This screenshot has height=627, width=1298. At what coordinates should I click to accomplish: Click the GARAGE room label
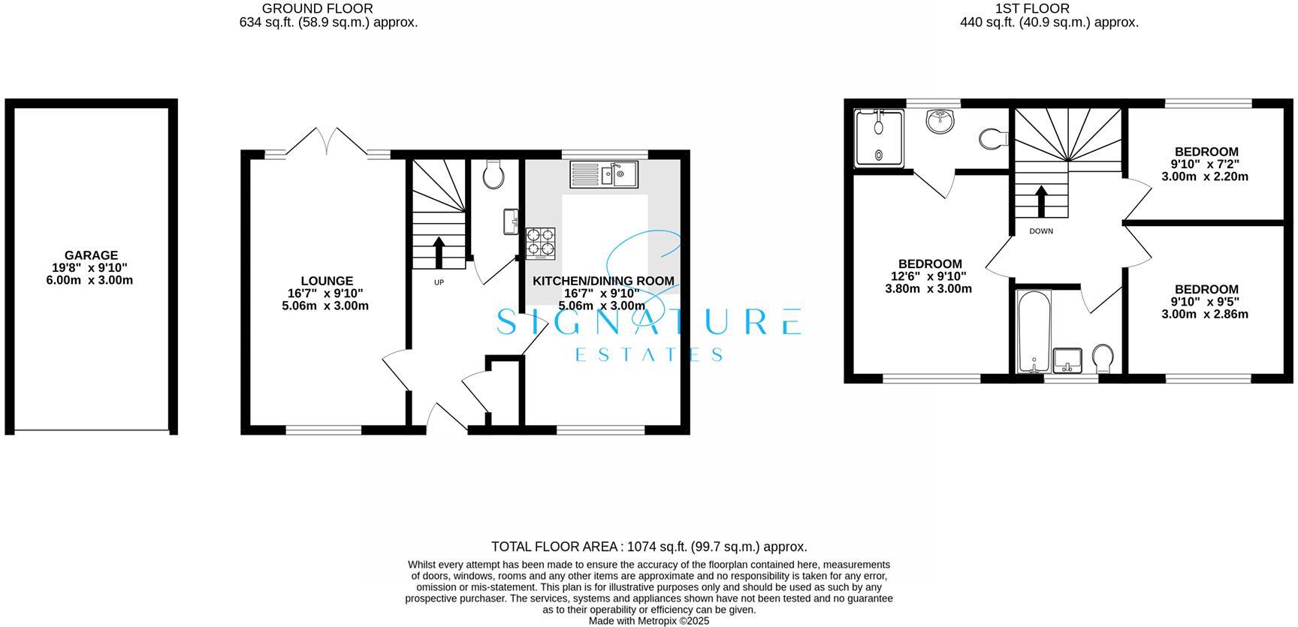[x=91, y=255]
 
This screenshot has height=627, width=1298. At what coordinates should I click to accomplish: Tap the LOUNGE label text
[x=327, y=282]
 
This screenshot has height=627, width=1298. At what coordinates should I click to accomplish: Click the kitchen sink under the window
[x=604, y=174]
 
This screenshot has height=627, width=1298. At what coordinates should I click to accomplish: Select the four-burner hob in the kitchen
[x=541, y=243]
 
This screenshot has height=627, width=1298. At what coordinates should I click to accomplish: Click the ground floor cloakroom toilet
[x=494, y=175]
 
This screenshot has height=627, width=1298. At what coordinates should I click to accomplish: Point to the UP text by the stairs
[x=439, y=282]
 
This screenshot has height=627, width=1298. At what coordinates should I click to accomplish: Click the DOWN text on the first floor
[x=1041, y=231]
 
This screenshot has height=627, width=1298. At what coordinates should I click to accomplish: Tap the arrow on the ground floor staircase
[x=438, y=252]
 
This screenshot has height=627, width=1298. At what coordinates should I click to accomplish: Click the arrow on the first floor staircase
[x=1041, y=200]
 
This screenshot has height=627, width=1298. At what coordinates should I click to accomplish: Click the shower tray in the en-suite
[x=879, y=137]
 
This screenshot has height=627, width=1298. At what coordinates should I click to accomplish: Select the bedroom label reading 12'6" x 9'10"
[x=929, y=276]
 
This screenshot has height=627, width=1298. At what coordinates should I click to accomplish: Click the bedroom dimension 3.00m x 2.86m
[x=1205, y=315]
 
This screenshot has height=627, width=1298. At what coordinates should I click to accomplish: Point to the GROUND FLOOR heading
[x=317, y=8]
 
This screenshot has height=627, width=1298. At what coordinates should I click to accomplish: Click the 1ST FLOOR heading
[x=1032, y=8]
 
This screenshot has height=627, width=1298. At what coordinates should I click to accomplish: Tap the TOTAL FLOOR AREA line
[x=649, y=547]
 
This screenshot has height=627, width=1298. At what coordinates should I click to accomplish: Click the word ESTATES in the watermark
[x=649, y=354]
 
